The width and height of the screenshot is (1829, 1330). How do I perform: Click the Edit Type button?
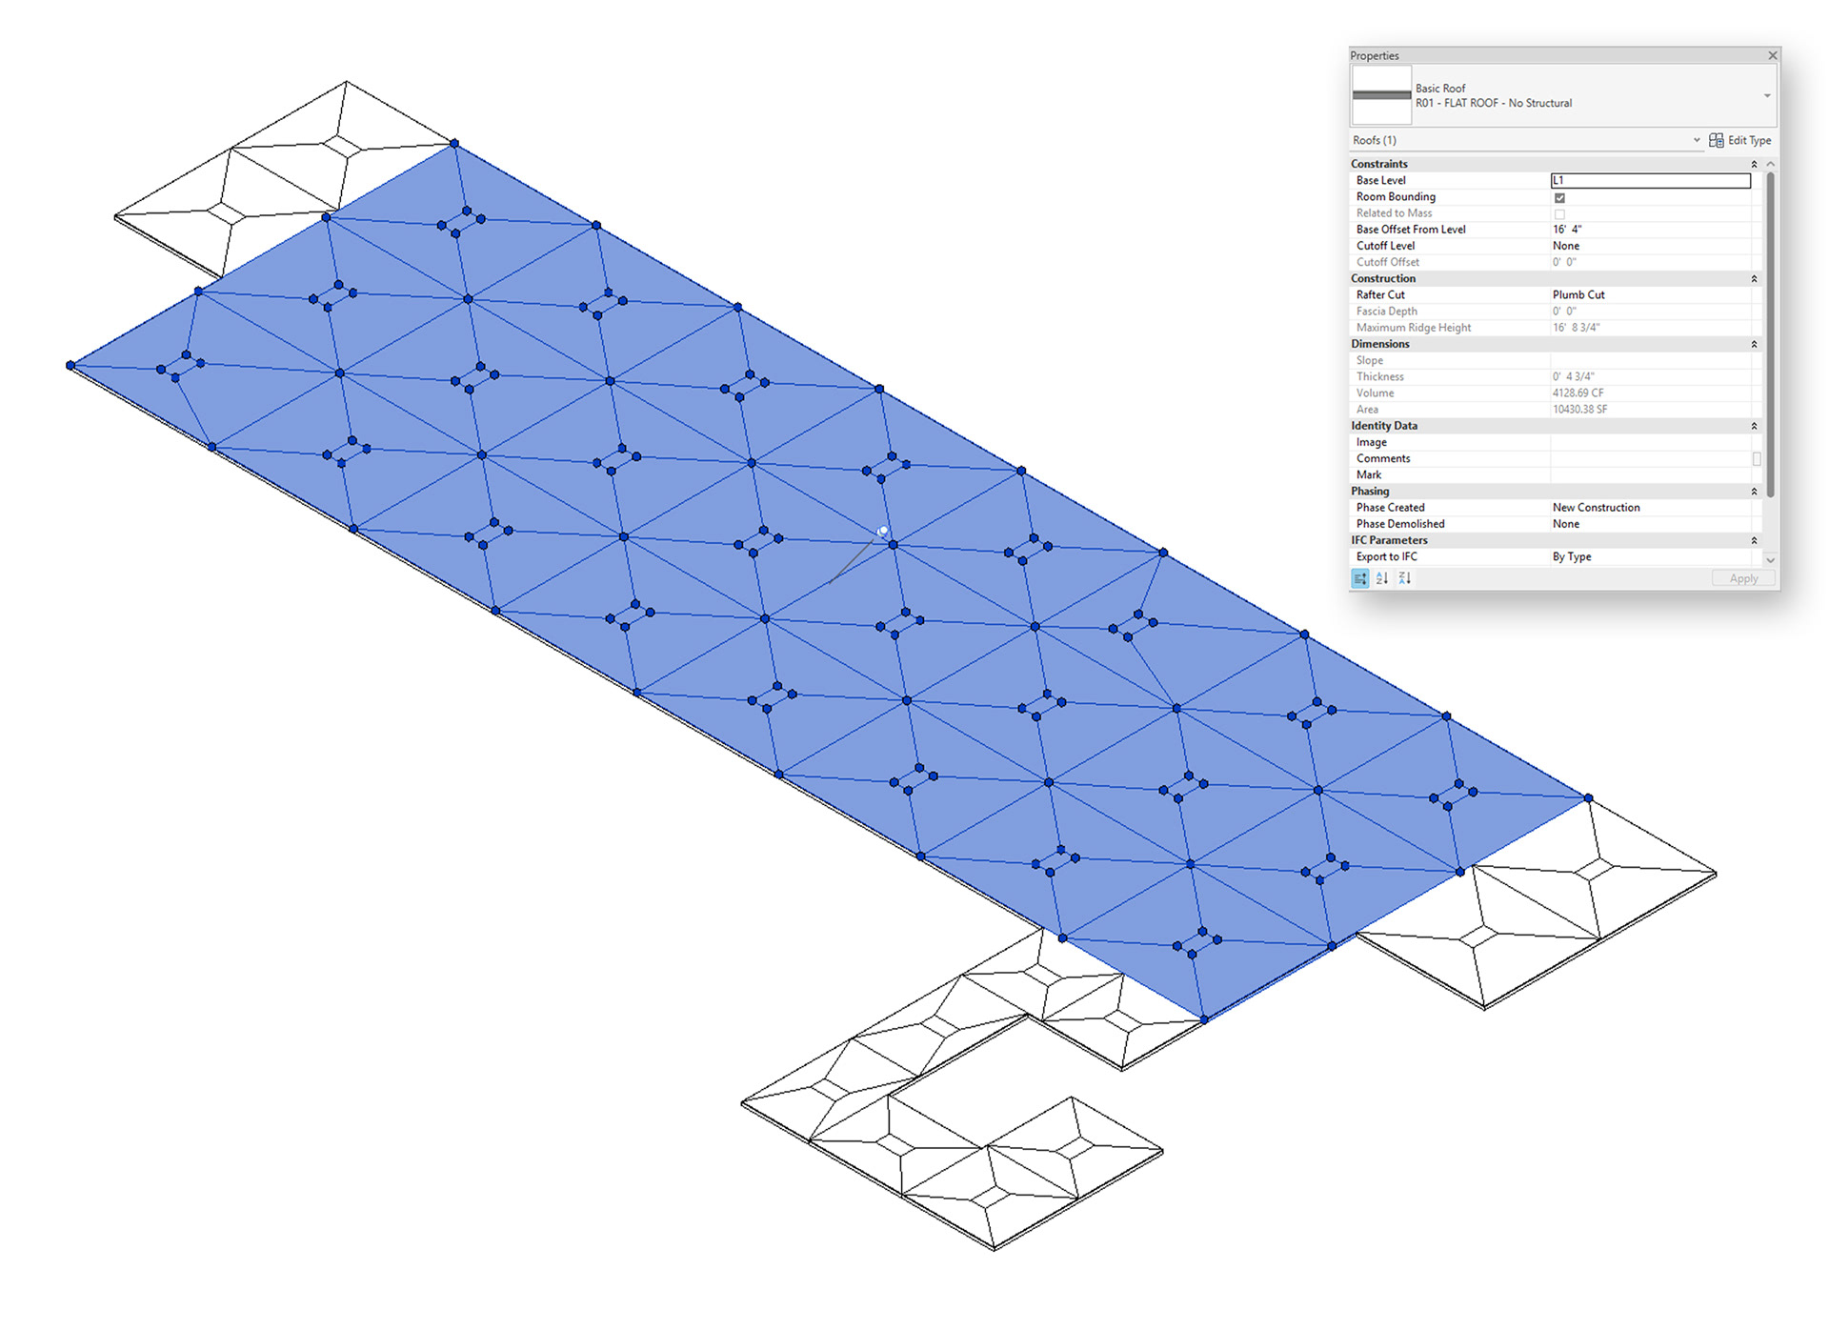click(x=1740, y=140)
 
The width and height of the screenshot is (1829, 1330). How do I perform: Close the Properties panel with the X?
click(x=1772, y=55)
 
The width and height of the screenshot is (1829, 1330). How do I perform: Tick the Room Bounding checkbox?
click(x=1559, y=197)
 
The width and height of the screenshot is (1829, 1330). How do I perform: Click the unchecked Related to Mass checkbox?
click(x=1559, y=213)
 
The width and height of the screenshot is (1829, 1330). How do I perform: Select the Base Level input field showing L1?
click(x=1650, y=180)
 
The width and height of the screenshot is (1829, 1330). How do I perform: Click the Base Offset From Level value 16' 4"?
click(x=1567, y=230)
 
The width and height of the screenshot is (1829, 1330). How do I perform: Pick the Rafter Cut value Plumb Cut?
click(x=1578, y=295)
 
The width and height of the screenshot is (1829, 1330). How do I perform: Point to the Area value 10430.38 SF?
click(x=1579, y=410)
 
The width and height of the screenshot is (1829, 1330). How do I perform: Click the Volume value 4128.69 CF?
click(x=1578, y=393)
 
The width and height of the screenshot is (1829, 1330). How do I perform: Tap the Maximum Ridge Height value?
click(x=1576, y=328)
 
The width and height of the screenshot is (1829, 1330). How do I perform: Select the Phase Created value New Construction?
click(x=1596, y=508)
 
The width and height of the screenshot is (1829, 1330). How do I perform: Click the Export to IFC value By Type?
click(x=1572, y=557)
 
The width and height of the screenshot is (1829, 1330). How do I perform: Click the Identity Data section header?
click(x=1384, y=426)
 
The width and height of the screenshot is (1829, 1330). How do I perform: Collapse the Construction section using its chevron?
click(x=1754, y=279)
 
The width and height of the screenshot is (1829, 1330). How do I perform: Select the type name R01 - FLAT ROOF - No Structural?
click(x=1493, y=103)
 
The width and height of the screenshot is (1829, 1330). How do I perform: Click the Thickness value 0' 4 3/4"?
click(x=1573, y=377)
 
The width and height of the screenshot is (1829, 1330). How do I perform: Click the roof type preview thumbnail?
click(x=1381, y=95)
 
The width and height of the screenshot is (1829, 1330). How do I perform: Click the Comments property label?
click(x=1383, y=459)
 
